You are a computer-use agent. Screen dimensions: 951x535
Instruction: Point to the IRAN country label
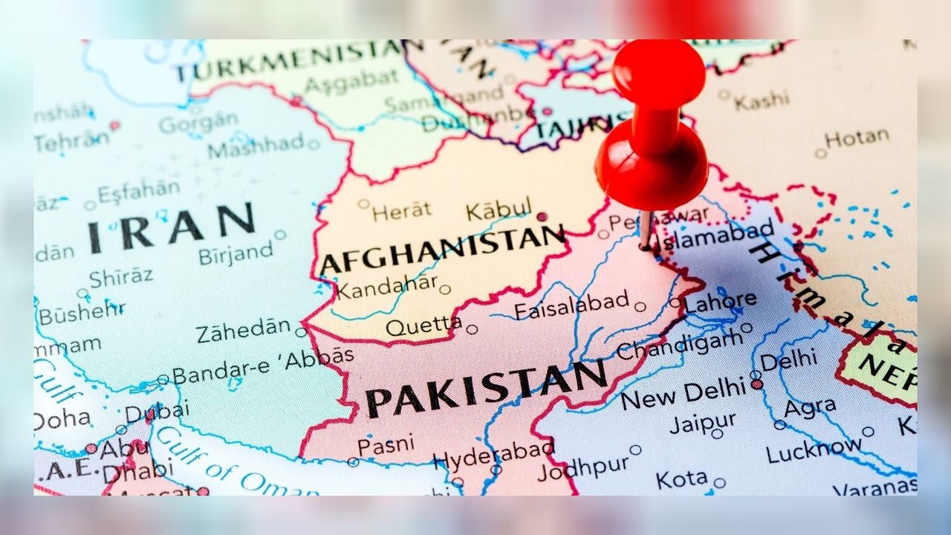[x=172, y=225]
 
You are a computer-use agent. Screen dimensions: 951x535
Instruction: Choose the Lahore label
[x=721, y=302]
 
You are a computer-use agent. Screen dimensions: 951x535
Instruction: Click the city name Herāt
[x=401, y=212]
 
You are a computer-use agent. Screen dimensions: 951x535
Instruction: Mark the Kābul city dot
[x=542, y=217]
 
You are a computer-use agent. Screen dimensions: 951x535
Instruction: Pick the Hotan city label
[x=857, y=138]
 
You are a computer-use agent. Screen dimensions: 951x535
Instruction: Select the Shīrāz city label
[x=121, y=277]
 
